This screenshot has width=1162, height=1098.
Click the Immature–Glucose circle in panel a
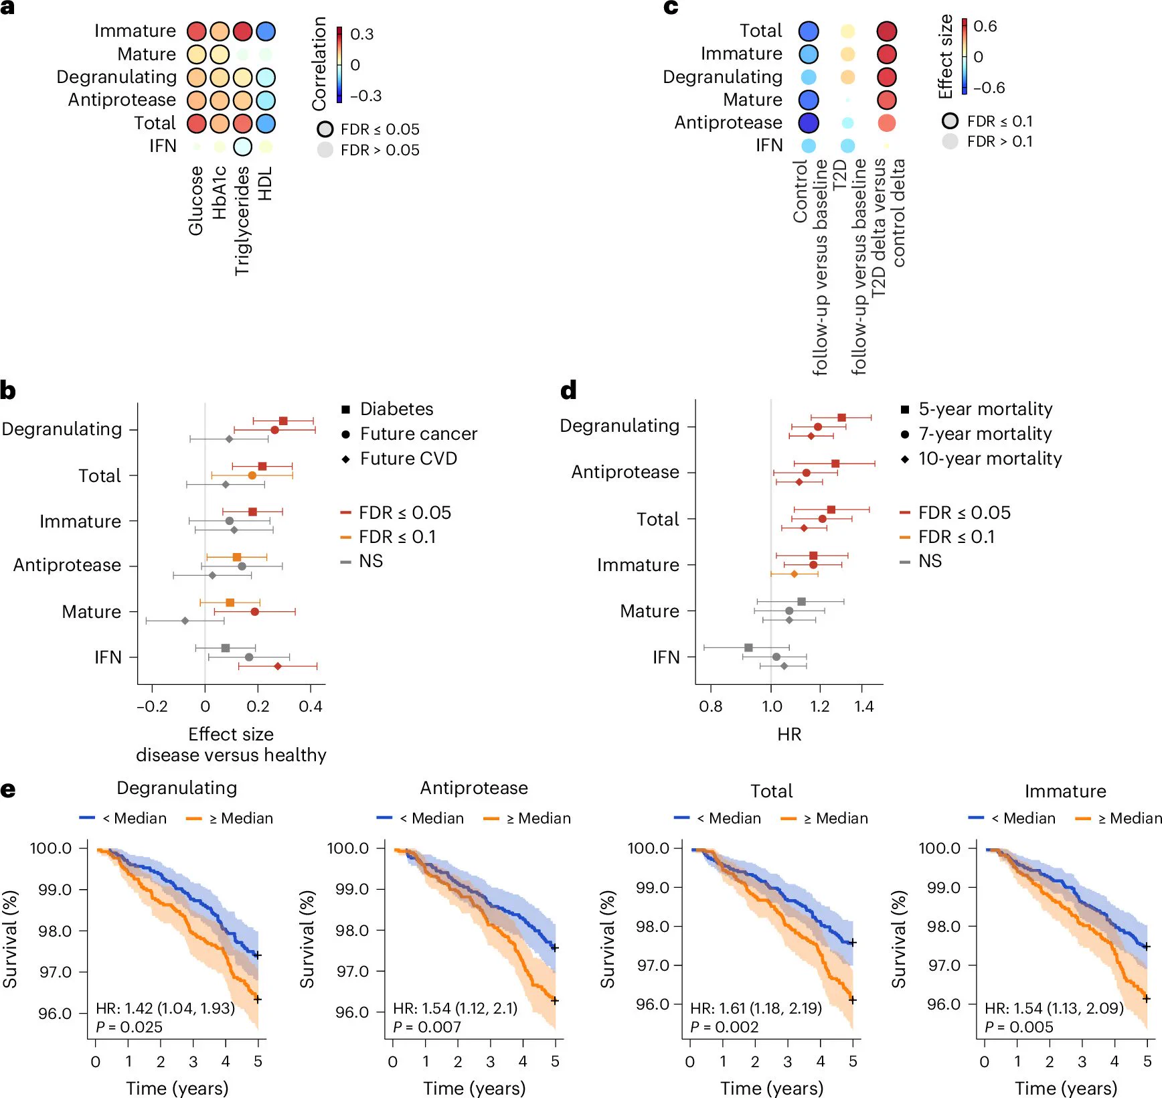tap(197, 31)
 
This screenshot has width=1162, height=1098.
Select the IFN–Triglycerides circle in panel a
tap(242, 147)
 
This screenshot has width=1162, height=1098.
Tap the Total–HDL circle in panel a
tap(266, 124)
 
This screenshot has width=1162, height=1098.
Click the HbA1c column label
tap(220, 193)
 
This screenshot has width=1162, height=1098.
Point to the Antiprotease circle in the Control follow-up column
tap(809, 123)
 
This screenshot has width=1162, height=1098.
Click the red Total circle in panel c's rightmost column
tap(887, 31)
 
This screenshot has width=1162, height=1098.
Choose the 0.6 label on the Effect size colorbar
tap(985, 26)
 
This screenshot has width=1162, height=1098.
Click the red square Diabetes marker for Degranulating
tap(283, 421)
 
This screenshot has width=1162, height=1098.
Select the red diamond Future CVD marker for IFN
tap(278, 667)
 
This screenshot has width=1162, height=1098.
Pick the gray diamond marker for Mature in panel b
tap(185, 621)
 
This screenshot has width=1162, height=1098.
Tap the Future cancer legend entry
tap(410, 434)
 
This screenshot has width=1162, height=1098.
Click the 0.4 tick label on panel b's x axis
tap(311, 706)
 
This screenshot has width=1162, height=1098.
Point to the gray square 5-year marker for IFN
tap(748, 647)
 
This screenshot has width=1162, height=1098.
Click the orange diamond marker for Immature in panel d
tap(795, 574)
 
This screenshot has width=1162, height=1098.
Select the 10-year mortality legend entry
tap(981, 459)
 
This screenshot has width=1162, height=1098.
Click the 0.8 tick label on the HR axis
tap(710, 706)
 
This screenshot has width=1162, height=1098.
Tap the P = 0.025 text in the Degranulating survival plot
tap(129, 1027)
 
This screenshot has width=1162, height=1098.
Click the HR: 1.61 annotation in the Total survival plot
tap(756, 1008)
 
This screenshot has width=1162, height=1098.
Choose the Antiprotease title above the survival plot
tap(474, 788)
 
